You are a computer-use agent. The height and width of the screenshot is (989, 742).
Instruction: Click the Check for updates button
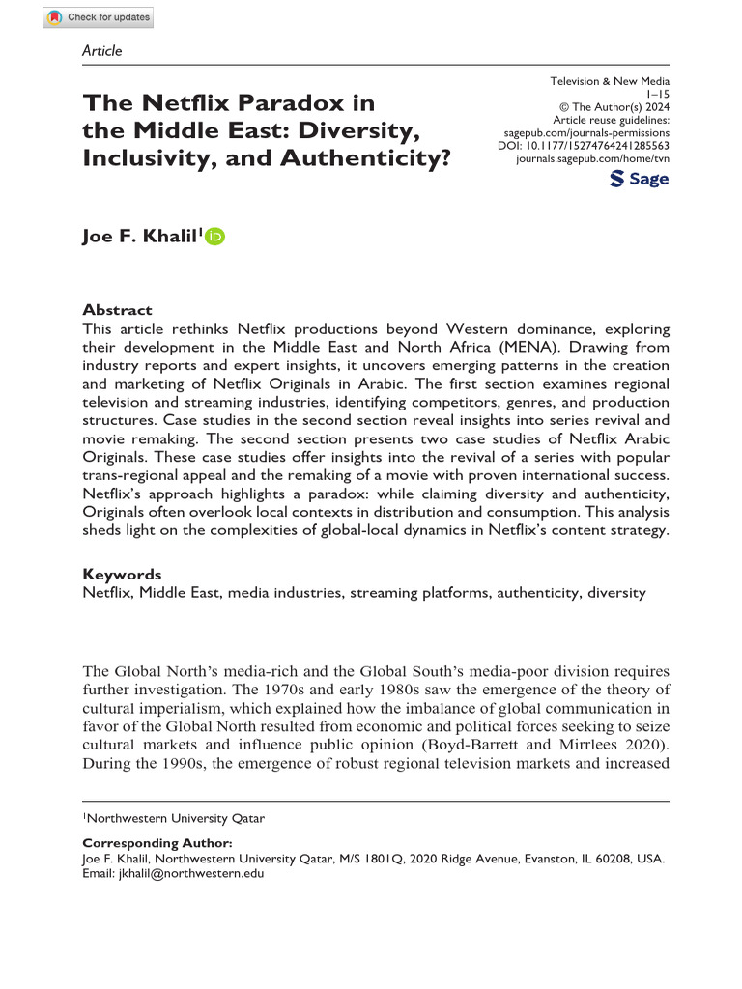tap(98, 17)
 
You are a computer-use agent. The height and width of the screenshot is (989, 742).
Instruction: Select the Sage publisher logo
tap(640, 179)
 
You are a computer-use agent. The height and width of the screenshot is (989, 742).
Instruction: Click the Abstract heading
tap(117, 310)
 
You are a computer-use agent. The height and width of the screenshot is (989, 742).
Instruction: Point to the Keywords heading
tap(122, 574)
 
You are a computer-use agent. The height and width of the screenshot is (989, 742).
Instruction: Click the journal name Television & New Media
tap(609, 82)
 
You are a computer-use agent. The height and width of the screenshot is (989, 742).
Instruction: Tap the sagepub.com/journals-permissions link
tap(586, 130)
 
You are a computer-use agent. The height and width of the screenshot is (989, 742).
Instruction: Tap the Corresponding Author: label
tap(157, 843)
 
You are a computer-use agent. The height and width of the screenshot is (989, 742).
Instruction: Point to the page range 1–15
tap(657, 95)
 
